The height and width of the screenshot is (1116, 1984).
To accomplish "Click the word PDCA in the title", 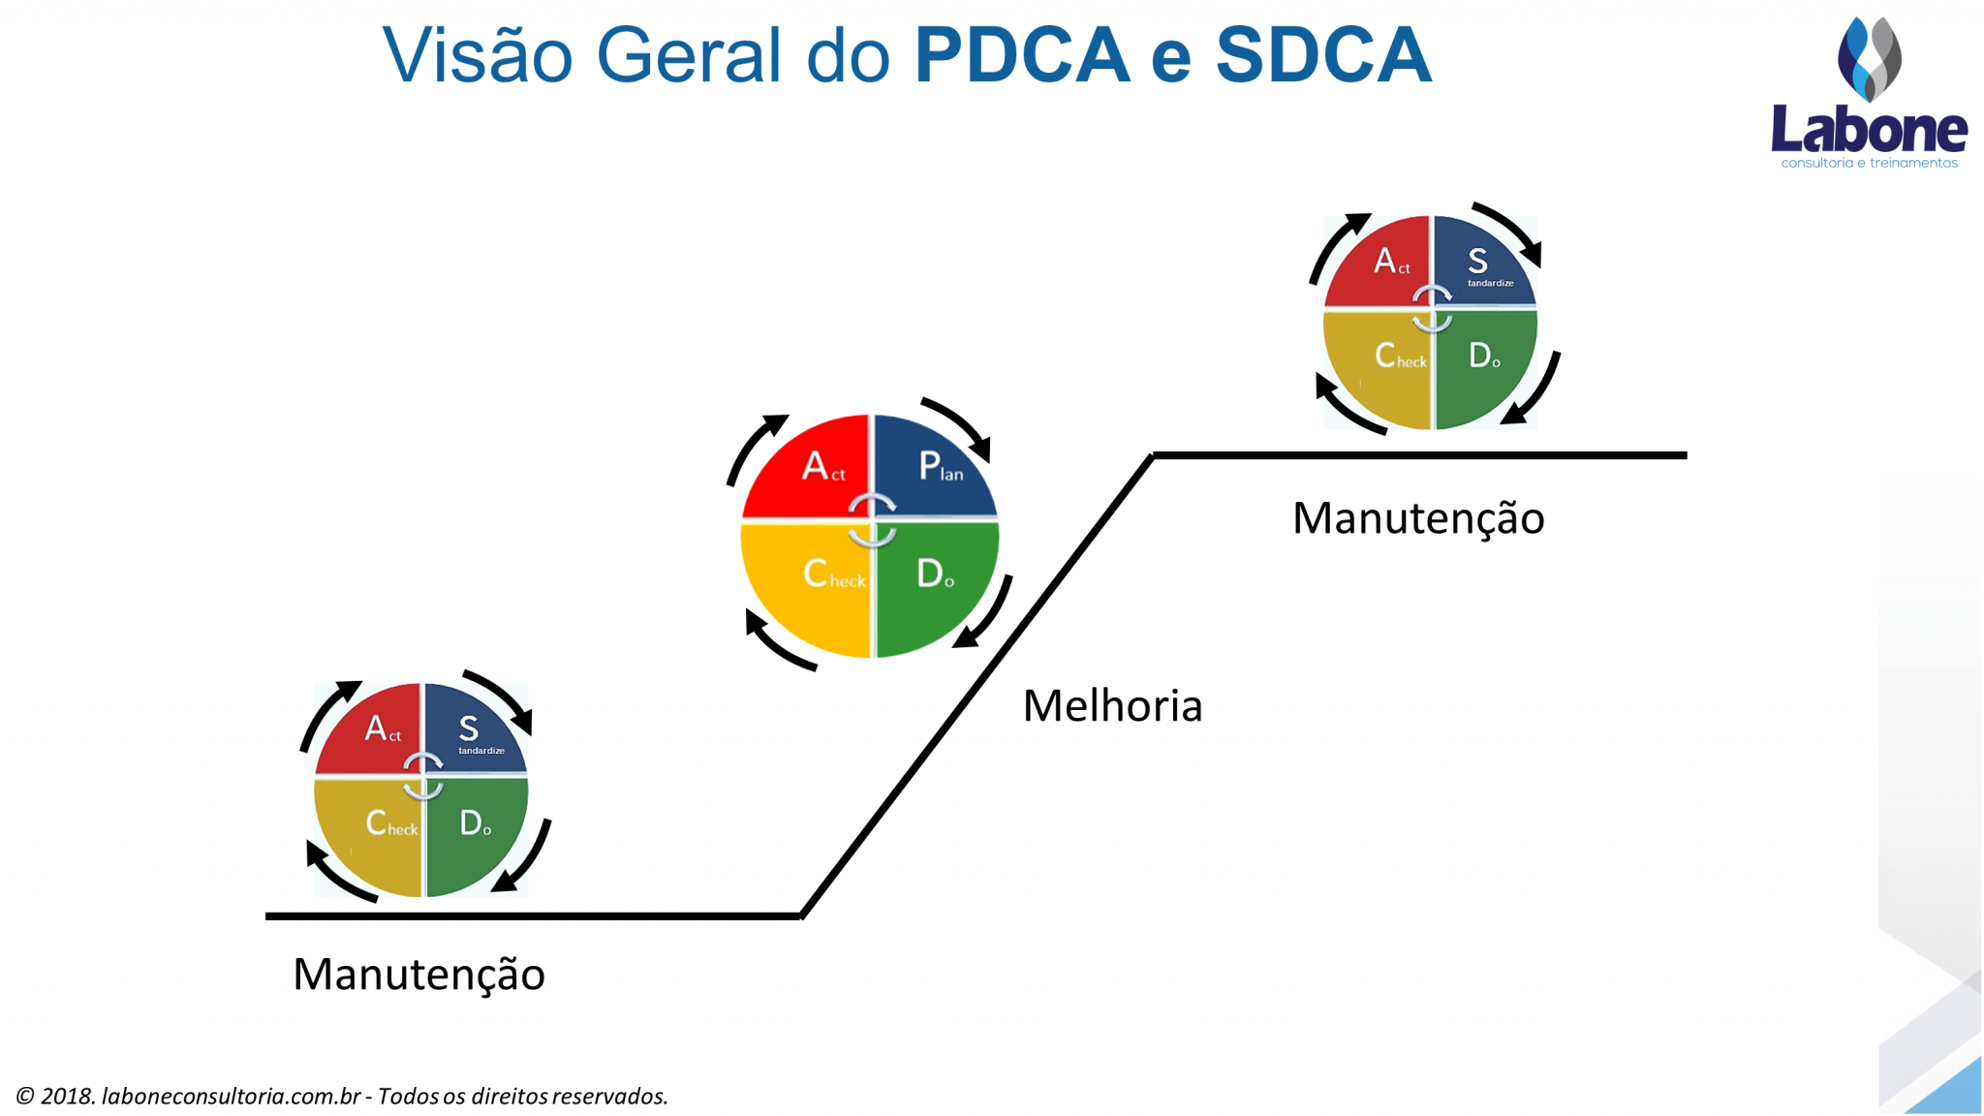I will [x=1021, y=55].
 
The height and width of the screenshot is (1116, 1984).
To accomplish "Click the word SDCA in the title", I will [x=1323, y=55].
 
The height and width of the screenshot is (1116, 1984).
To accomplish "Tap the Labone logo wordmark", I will [x=1869, y=131].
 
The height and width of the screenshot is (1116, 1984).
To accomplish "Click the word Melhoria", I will [x=1112, y=706].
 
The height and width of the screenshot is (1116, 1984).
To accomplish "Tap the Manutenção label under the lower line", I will [x=418, y=975].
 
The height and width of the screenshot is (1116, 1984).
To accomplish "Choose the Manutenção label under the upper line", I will [x=1418, y=518].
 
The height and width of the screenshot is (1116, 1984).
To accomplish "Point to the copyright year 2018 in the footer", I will [x=67, y=1096].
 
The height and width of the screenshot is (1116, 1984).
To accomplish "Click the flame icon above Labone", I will [x=1869, y=58].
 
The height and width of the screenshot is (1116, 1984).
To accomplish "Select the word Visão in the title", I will [x=478, y=55].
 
